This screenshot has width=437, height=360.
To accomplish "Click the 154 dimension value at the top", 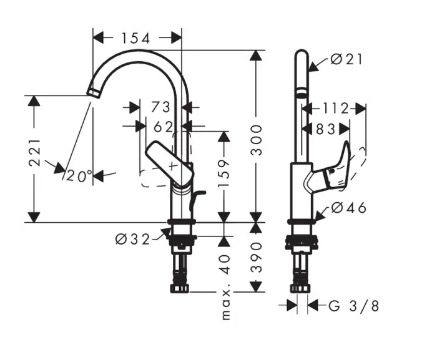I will [x=136, y=39].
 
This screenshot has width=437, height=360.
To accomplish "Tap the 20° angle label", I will [x=80, y=176].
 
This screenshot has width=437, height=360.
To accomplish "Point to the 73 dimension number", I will [x=161, y=107].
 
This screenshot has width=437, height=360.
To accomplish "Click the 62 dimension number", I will [x=163, y=127].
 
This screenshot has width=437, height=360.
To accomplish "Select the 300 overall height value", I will [x=258, y=142].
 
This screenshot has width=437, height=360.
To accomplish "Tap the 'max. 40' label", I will [x=225, y=286].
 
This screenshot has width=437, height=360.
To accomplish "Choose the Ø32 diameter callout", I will [x=132, y=238].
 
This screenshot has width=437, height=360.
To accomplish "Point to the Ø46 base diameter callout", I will [x=348, y=208].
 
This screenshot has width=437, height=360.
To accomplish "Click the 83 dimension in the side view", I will [x=325, y=129].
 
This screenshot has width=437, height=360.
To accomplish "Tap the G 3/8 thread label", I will [x=353, y=306].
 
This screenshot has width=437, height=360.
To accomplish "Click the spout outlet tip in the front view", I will [x=93, y=92].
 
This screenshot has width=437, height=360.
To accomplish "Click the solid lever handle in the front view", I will [x=169, y=161].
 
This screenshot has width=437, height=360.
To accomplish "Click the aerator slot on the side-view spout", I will [x=300, y=94].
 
